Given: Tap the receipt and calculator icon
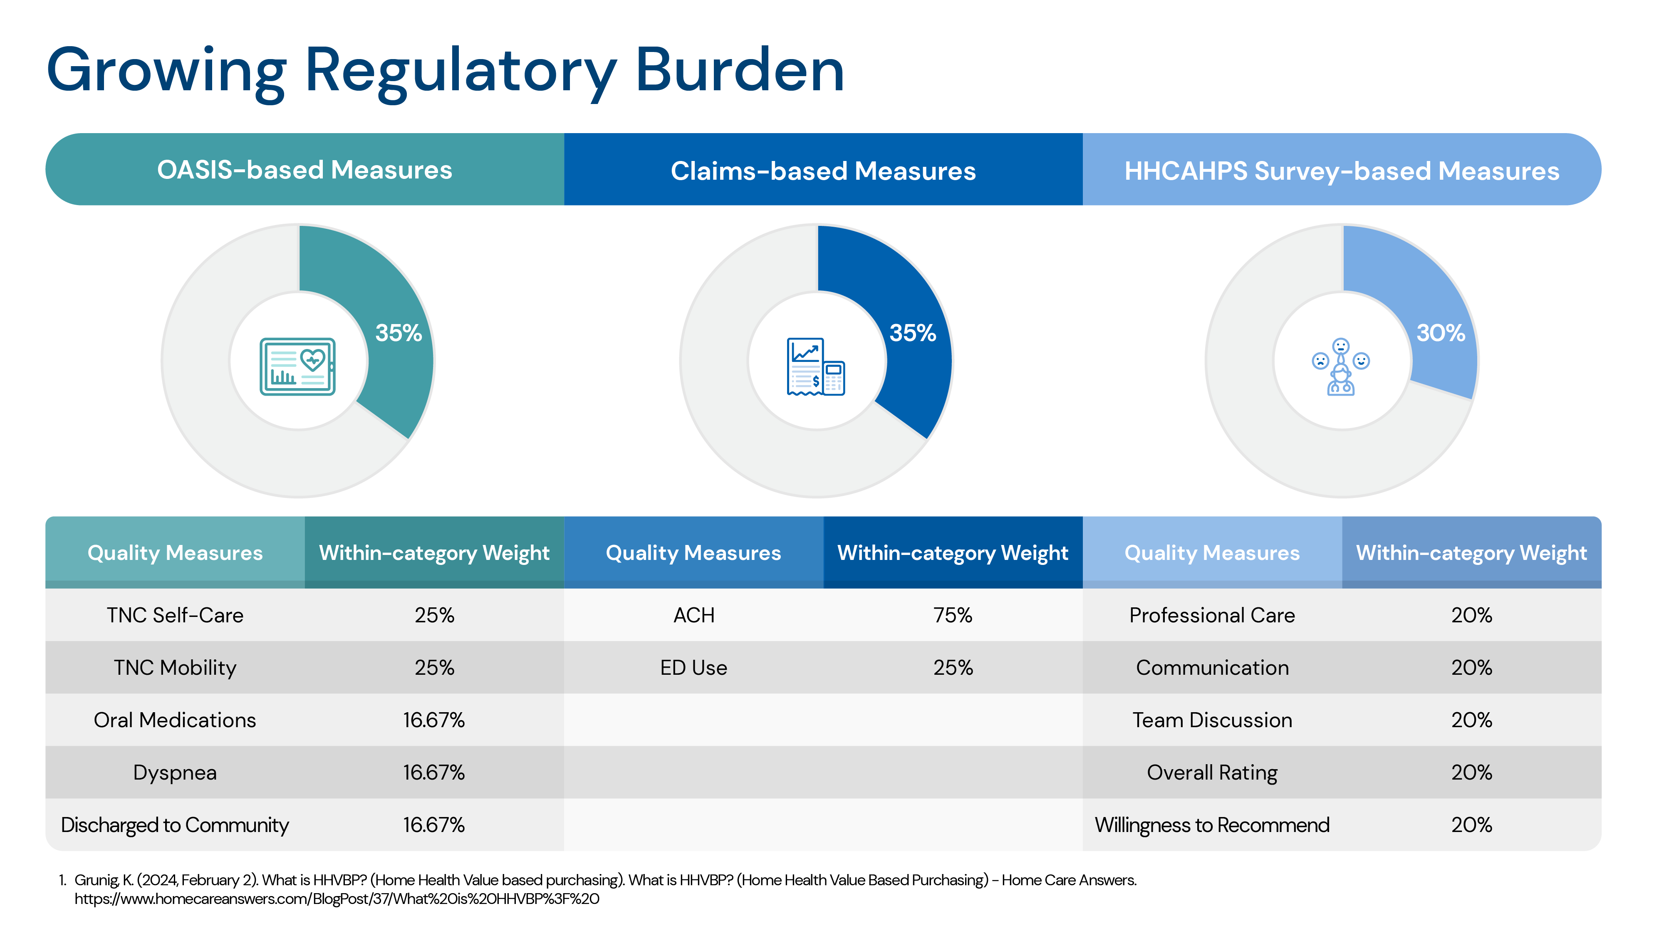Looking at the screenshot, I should tap(816, 366).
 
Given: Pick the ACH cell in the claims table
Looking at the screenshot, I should tap(694, 615).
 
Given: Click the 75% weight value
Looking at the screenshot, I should tap(952, 615).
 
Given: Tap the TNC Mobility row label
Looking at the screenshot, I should tap(175, 667).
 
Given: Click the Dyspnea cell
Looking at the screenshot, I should tap(175, 773).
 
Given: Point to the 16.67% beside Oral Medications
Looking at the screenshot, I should tap(434, 720).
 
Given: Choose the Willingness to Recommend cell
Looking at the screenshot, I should tap(1212, 825).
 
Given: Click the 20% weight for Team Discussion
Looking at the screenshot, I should tap(1471, 720).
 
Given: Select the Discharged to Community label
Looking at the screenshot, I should tap(175, 825).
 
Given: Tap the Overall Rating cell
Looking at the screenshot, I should tap(1212, 773).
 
